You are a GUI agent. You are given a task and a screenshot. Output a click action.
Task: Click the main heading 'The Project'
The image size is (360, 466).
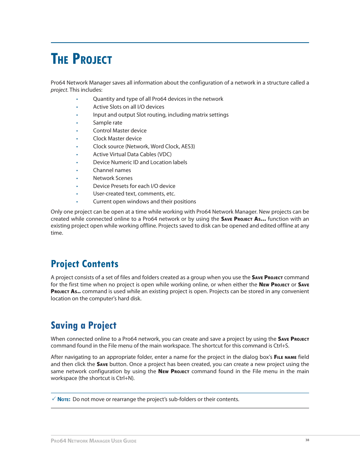pyautogui.click(x=81, y=59)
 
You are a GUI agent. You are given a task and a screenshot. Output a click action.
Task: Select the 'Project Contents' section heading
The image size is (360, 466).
pyautogui.click(x=85, y=264)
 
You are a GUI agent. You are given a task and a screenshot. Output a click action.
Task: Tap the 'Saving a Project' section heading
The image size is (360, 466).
pyautogui.click(x=83, y=325)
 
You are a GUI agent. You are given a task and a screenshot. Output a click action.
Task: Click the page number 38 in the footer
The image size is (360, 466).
pyautogui.click(x=307, y=440)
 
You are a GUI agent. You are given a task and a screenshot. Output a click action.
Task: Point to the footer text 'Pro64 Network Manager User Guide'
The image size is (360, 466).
pyautogui.click(x=94, y=441)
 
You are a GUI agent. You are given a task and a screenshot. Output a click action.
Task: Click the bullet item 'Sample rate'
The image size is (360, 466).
pyautogui.click(x=108, y=123)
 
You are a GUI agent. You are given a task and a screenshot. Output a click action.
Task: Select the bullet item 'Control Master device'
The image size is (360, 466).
pyautogui.click(x=120, y=131)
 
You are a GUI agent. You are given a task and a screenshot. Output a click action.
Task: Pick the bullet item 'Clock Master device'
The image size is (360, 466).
pyautogui.click(x=117, y=138)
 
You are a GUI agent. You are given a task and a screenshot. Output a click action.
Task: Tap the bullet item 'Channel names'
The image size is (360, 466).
pyautogui.click(x=112, y=170)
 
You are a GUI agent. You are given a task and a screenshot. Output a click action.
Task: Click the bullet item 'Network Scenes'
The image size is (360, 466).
pyautogui.click(x=113, y=178)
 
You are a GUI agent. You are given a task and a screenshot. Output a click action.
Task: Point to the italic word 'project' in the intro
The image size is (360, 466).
pyautogui.click(x=59, y=90)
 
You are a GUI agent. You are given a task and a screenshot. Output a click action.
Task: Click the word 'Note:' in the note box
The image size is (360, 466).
pyautogui.click(x=64, y=399)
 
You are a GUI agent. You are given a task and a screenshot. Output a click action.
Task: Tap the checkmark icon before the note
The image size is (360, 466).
pyautogui.click(x=54, y=399)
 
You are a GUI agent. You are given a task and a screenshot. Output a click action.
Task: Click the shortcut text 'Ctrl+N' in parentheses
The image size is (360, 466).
pyautogui.click(x=125, y=378)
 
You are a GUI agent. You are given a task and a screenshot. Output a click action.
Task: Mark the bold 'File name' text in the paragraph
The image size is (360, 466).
pyautogui.click(x=285, y=357)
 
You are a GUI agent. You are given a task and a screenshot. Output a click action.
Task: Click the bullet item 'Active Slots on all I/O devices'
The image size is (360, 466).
pyautogui.click(x=129, y=107)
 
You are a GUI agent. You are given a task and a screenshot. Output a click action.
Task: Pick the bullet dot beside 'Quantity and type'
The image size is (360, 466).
pyautogui.click(x=77, y=99)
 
